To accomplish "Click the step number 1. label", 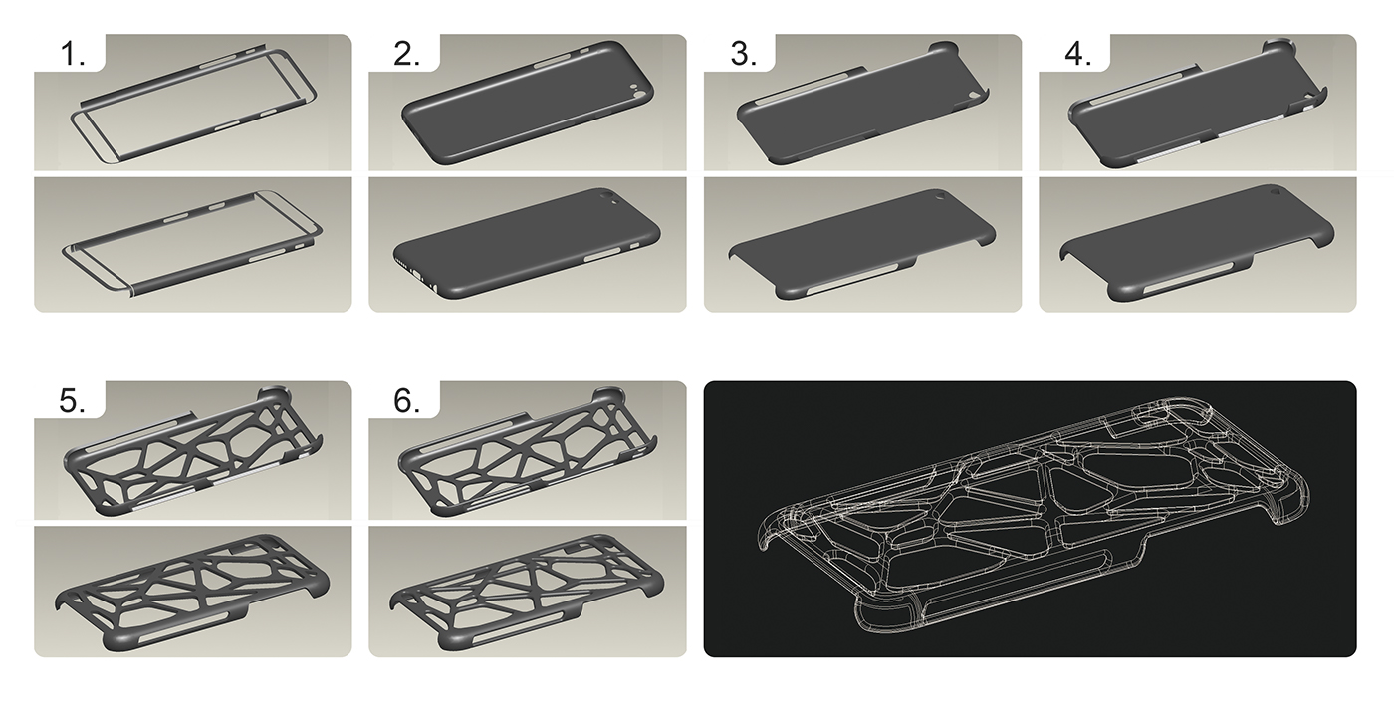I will (x=73, y=55).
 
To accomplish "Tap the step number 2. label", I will (x=407, y=55).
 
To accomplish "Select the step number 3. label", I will (x=743, y=55).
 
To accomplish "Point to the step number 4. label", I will (x=1077, y=55).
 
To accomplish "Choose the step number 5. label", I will (x=73, y=401).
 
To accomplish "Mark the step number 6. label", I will (x=407, y=401).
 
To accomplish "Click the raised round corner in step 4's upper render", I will (x=1277, y=47).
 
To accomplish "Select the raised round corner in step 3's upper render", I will (x=941, y=48).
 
